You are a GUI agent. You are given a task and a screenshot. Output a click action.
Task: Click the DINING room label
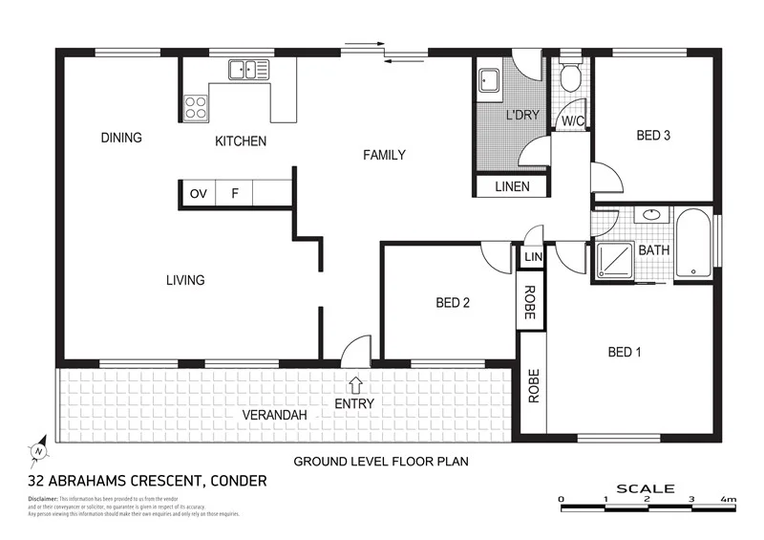[121, 138]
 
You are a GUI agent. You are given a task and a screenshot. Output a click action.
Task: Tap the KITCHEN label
[241, 141]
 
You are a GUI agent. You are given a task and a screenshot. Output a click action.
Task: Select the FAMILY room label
[384, 155]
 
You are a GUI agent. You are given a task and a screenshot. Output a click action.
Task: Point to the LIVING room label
[185, 280]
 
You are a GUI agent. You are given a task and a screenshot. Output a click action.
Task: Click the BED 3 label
[653, 136]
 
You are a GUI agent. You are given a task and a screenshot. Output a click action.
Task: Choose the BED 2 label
[453, 303]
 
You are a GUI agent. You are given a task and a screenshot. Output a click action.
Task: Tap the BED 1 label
[625, 353]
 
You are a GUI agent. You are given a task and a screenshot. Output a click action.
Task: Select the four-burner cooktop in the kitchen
[196, 105]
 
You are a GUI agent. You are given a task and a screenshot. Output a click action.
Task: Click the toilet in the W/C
[572, 76]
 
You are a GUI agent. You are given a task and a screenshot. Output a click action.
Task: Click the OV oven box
[199, 194]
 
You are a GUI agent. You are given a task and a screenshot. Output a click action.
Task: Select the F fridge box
[234, 194]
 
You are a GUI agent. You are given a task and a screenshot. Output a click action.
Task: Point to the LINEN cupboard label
[512, 186]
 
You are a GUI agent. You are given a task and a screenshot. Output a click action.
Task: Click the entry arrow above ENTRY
[355, 384]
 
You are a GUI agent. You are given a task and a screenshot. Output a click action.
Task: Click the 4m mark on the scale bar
[729, 499]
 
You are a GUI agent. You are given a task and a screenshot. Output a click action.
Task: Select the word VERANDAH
[274, 415]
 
